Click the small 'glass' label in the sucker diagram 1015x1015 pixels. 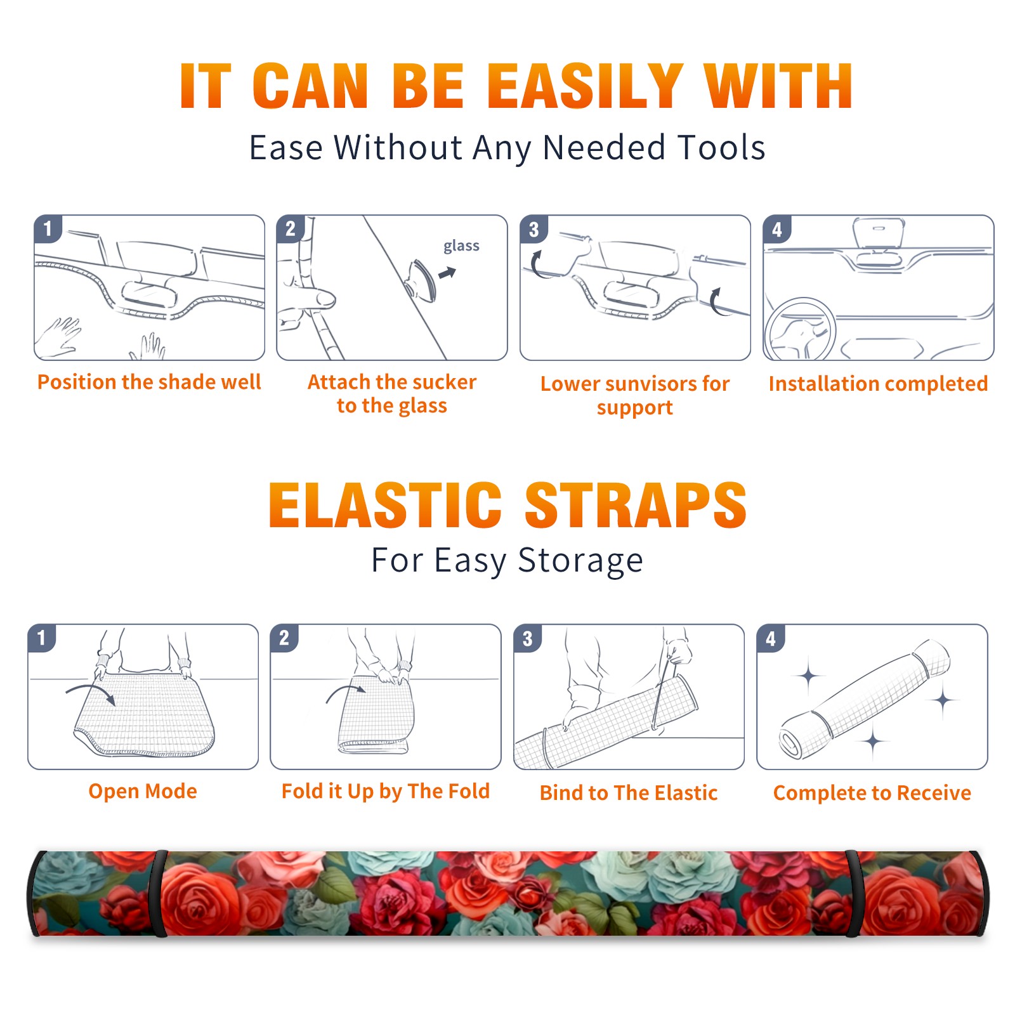[x=461, y=246]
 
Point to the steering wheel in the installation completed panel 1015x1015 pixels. [x=800, y=329]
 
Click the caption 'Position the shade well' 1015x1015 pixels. [x=149, y=382]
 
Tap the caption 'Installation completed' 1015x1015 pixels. [x=878, y=384]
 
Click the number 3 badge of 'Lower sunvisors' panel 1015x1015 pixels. [x=534, y=229]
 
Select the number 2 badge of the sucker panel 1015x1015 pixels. [x=291, y=228]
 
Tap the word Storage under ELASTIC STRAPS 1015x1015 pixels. [x=580, y=561]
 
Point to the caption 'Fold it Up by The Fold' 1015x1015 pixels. [x=386, y=792]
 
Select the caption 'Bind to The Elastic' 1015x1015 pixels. [x=629, y=793]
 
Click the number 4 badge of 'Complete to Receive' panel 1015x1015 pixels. [x=771, y=638]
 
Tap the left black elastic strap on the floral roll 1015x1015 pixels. [x=160, y=894]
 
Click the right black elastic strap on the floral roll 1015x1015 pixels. [x=853, y=894]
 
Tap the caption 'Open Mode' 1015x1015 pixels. [x=143, y=791]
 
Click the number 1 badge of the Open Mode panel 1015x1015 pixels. [x=42, y=638]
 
